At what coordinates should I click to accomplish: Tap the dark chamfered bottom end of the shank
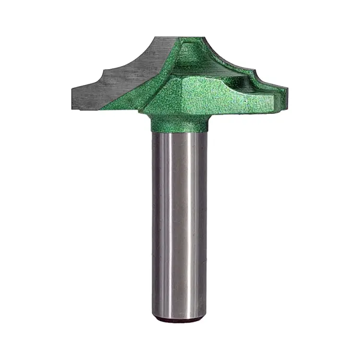pos(180,318)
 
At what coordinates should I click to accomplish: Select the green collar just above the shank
pos(180,124)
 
